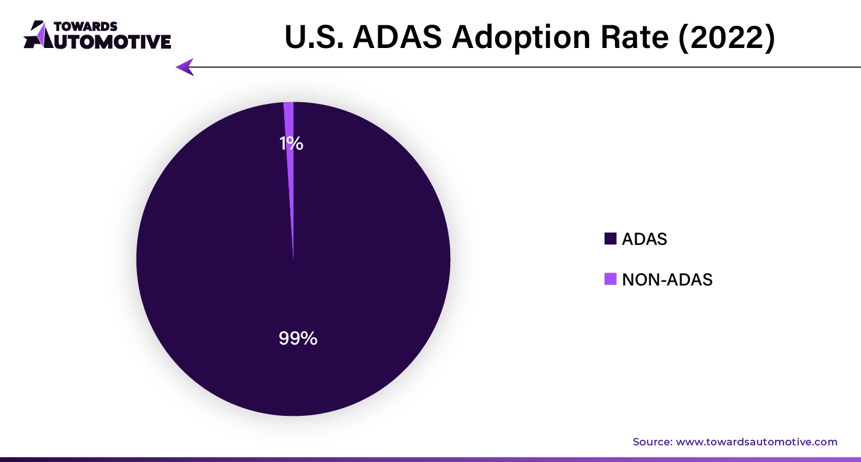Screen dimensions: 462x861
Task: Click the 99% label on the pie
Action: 298,338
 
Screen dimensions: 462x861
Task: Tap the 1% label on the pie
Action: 291,143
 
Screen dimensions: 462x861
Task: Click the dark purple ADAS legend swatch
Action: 610,239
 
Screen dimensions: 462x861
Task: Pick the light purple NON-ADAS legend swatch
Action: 610,279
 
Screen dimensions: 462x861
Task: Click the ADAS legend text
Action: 644,239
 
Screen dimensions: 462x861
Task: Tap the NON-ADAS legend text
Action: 667,280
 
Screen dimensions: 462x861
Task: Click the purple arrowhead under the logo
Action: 184,67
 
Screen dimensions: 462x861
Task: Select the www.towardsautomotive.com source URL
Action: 756,442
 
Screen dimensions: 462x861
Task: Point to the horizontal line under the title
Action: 523,67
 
